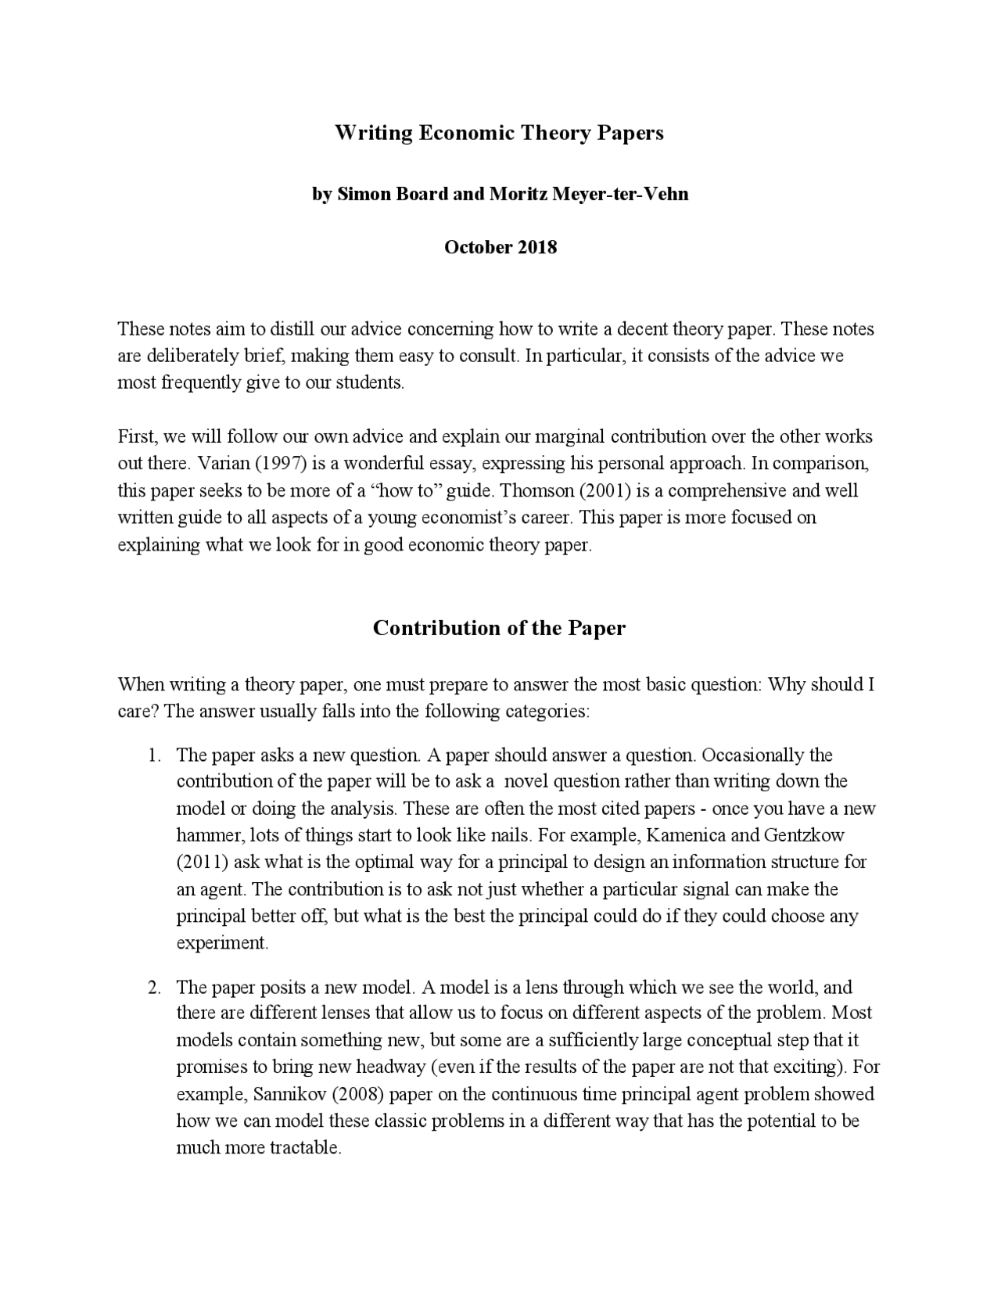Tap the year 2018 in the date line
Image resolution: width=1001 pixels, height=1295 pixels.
[536, 247]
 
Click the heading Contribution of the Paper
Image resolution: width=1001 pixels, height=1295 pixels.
[499, 628]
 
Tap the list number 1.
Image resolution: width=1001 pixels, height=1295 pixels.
[154, 755]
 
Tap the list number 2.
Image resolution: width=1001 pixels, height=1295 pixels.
[154, 987]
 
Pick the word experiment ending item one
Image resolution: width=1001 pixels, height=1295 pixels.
[222, 942]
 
